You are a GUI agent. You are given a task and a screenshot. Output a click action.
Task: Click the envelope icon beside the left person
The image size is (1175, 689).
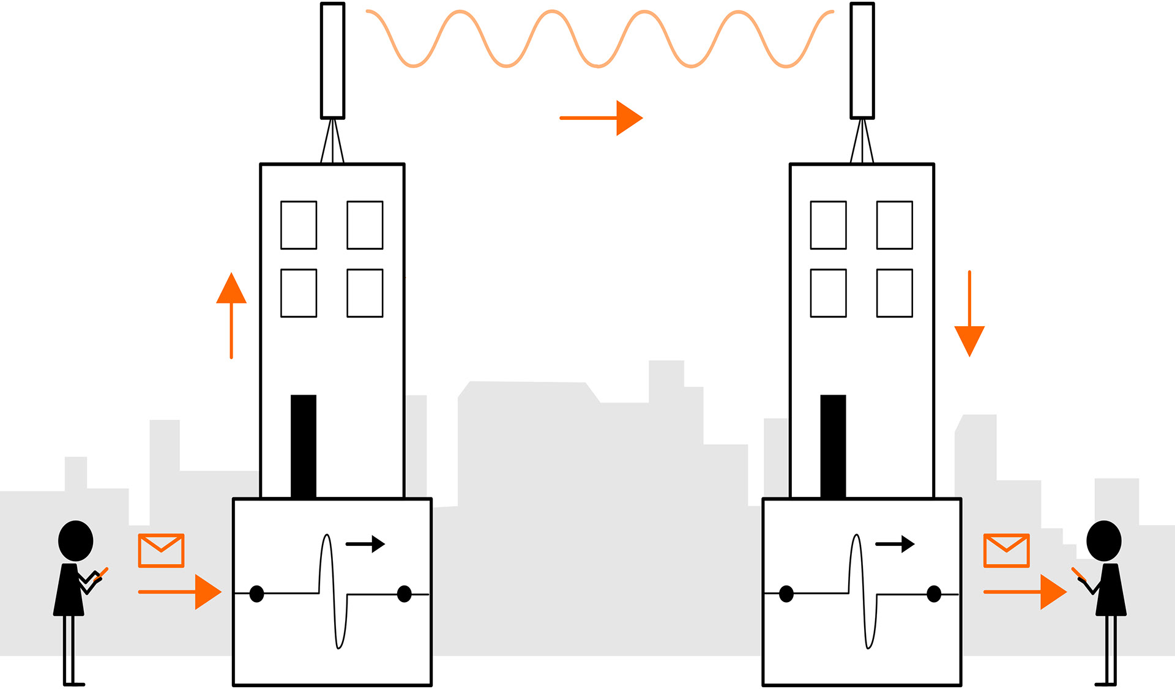tap(161, 550)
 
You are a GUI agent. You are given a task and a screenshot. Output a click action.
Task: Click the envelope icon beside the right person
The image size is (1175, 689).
tap(1006, 550)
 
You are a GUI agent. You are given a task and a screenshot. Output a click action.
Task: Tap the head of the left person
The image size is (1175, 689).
tap(75, 541)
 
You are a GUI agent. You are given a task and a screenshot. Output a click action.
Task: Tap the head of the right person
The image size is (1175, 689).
tap(1103, 541)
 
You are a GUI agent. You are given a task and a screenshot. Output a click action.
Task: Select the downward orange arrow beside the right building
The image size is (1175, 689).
tap(969, 315)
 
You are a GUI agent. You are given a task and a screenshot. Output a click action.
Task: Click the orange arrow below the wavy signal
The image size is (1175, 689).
tap(601, 117)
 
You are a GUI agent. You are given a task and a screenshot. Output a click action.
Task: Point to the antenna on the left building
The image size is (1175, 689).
tap(332, 61)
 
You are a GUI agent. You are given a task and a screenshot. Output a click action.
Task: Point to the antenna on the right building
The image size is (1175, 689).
tap(862, 61)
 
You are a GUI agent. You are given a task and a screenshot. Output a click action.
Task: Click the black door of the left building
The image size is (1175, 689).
tap(304, 446)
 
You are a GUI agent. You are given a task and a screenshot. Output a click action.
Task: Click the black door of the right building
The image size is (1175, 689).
tap(833, 446)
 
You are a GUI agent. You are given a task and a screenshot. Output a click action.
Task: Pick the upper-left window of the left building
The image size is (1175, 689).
tap(299, 225)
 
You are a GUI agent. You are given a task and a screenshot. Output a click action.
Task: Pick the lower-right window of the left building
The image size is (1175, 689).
tap(365, 292)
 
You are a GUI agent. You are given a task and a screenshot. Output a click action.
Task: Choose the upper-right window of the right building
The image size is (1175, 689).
tap(894, 225)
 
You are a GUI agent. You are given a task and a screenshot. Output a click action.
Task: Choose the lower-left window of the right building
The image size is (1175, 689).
tap(828, 292)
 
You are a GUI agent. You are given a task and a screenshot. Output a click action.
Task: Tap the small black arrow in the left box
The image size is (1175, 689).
tap(366, 543)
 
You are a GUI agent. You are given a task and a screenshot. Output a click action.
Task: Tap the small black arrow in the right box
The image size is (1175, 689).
tap(895, 543)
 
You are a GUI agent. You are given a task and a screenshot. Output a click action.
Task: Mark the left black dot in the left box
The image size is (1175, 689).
tap(257, 594)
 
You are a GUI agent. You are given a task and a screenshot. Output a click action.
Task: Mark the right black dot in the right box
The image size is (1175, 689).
tap(934, 594)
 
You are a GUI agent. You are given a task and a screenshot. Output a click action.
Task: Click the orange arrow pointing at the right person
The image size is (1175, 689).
tap(1025, 592)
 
